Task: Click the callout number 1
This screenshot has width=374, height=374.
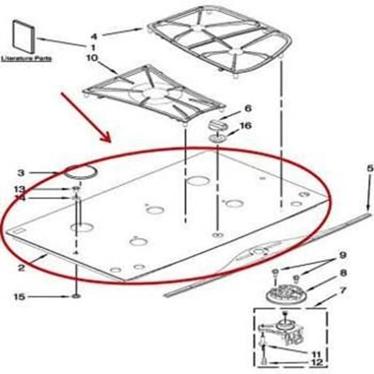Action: point(92,46)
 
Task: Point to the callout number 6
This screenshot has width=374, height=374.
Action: point(248,108)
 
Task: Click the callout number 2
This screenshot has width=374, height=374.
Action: point(21,269)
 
